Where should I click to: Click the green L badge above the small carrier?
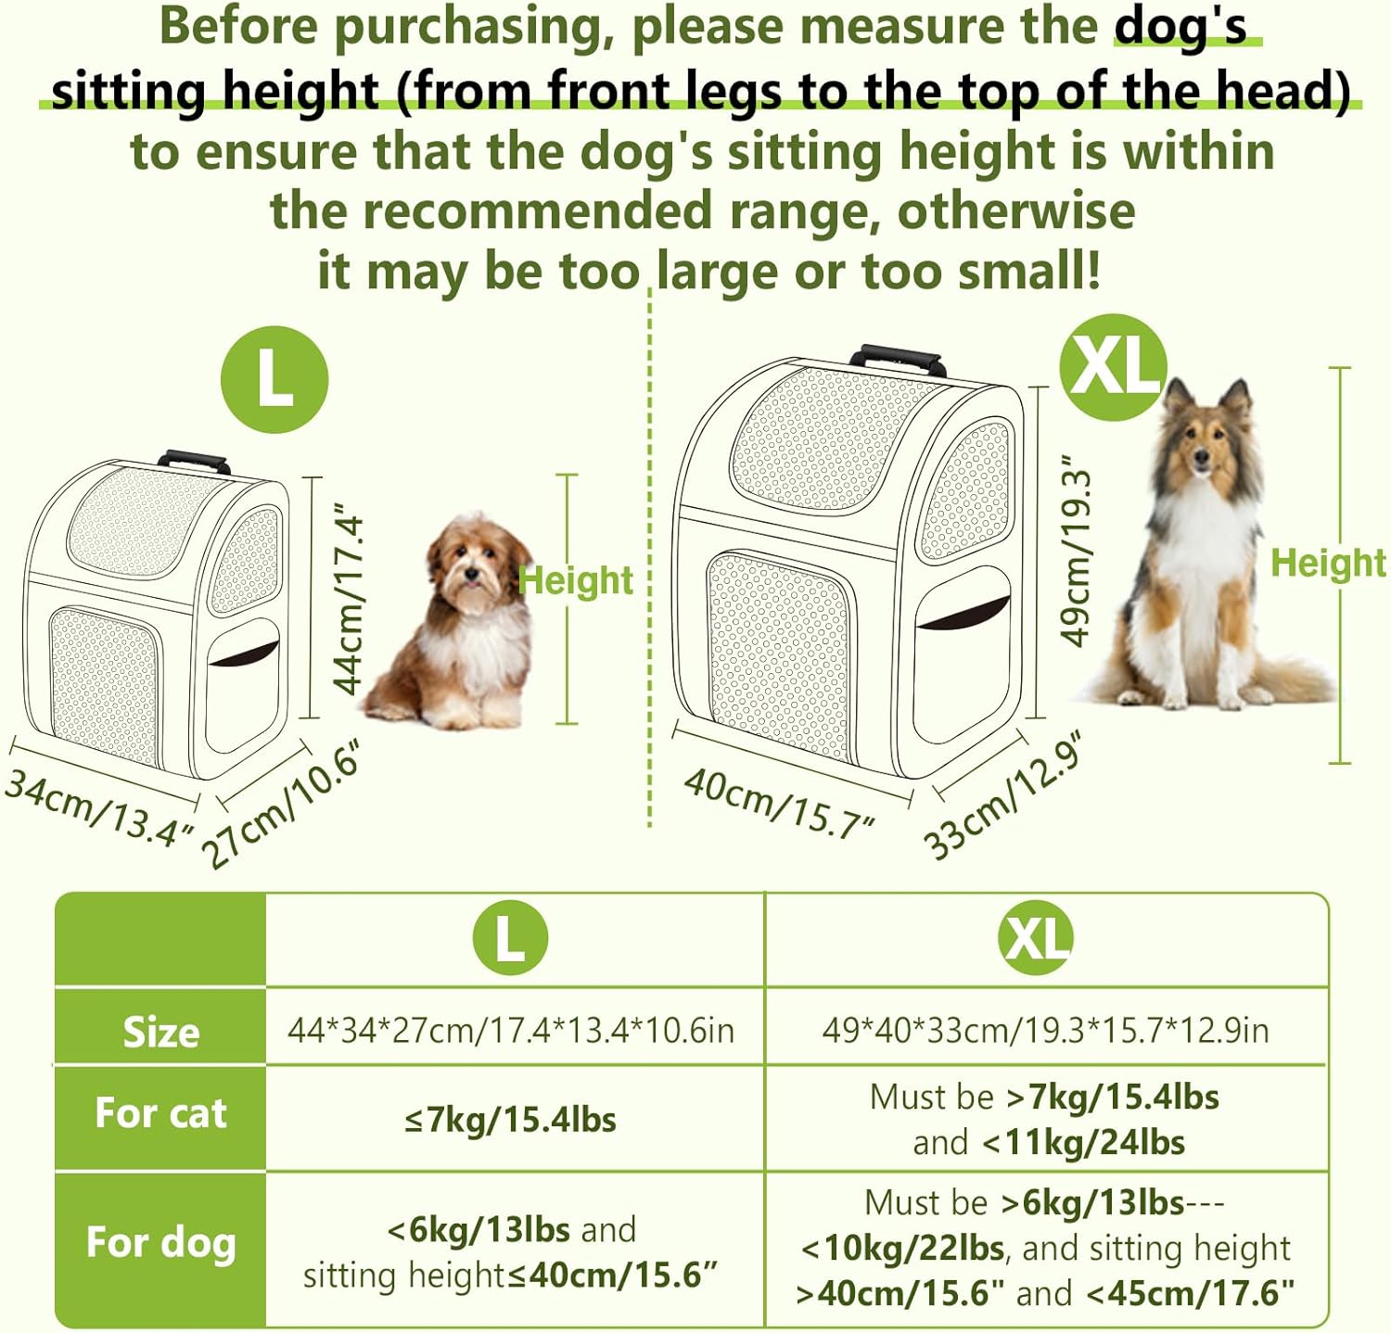click(x=274, y=380)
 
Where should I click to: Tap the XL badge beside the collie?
click(x=1113, y=367)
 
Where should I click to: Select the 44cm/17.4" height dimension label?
click(x=349, y=600)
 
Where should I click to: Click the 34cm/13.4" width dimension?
click(x=100, y=807)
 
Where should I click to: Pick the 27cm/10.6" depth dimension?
click(x=281, y=804)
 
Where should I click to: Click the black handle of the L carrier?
click(x=194, y=460)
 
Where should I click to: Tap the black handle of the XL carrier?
click(x=898, y=358)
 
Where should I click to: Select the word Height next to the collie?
click(x=1328, y=563)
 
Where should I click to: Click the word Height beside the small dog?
click(x=576, y=581)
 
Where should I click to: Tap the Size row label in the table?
click(x=161, y=1032)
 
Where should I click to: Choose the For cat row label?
click(x=160, y=1112)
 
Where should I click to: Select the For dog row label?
click(x=160, y=1242)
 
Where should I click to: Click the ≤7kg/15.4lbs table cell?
click(x=510, y=1120)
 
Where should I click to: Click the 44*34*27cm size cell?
click(x=511, y=1030)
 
